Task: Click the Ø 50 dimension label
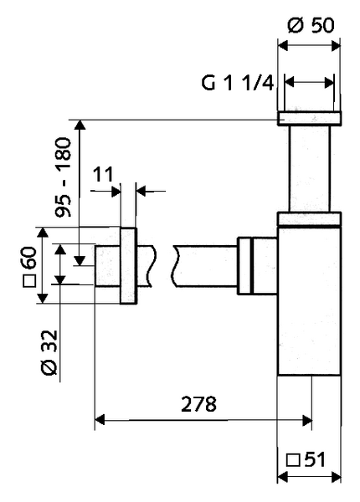point(309,23)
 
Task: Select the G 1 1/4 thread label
point(237,83)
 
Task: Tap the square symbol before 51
point(293,460)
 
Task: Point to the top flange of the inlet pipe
point(309,117)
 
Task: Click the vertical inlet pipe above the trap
point(309,167)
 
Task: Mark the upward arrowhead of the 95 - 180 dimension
point(80,125)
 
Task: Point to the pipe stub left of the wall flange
point(107,265)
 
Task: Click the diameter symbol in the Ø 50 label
point(292,23)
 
